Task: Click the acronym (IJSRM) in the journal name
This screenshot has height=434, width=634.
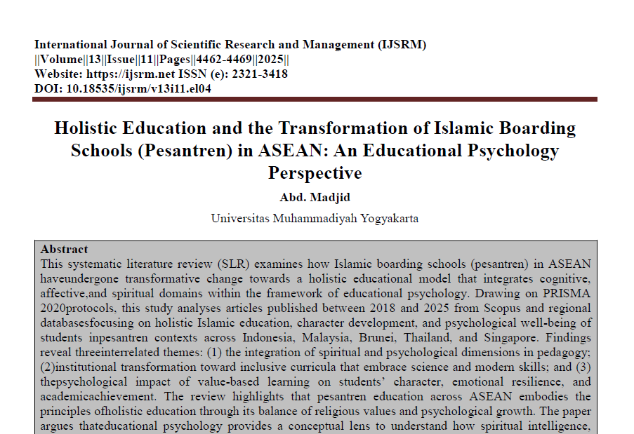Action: point(402,45)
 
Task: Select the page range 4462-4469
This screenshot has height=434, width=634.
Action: point(227,60)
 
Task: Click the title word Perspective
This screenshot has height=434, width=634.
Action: point(315,172)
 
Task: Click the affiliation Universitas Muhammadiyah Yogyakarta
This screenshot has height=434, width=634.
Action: point(315,218)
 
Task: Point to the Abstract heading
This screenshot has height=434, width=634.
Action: point(65,250)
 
